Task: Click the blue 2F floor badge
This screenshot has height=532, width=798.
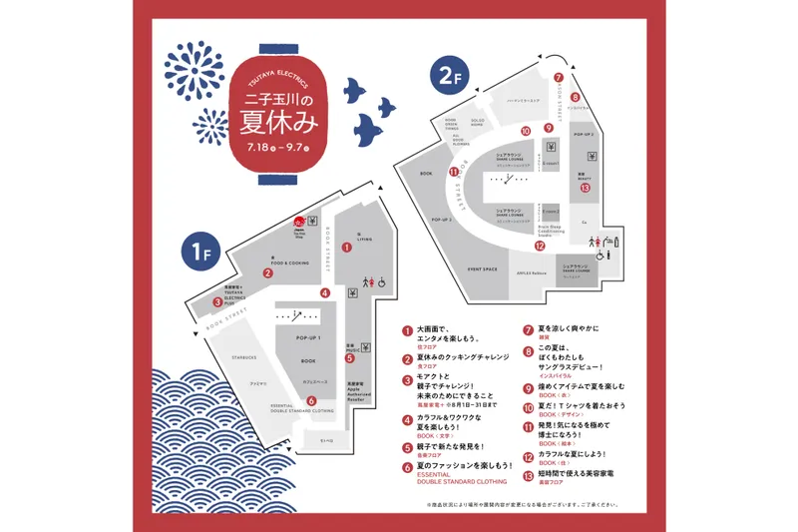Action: coord(444,73)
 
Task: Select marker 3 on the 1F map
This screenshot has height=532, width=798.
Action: coord(217,300)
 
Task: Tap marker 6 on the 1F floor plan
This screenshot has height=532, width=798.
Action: coord(311,402)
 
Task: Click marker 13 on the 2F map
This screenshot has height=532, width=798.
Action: coord(586,187)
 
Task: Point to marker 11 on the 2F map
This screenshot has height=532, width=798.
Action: coord(454,172)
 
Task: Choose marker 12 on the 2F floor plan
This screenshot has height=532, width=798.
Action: coord(540,245)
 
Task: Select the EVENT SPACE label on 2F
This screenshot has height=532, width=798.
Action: coord(482,268)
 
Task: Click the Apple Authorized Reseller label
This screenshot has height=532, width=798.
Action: coord(353,395)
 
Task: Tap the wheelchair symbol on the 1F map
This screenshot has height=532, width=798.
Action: coord(381,282)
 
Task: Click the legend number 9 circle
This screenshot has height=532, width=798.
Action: coord(529,389)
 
